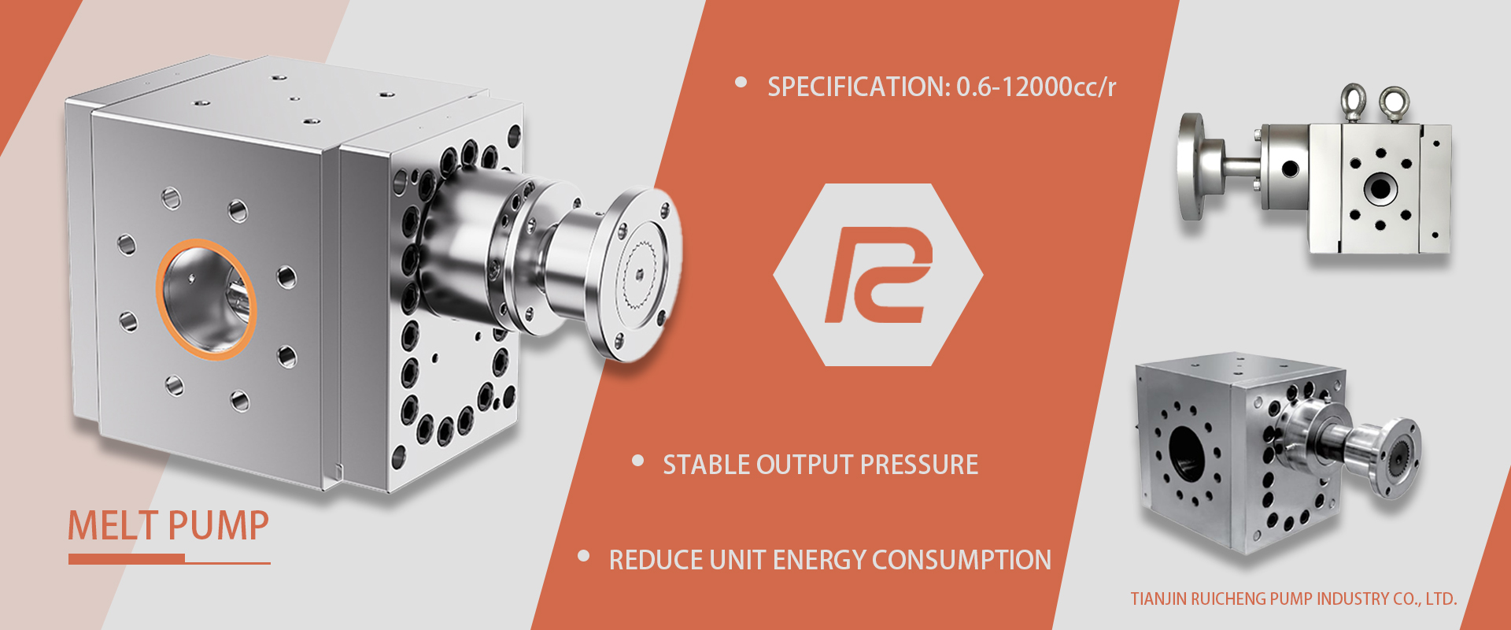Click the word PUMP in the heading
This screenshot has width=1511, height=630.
[219, 525]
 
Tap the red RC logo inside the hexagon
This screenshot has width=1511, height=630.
[878, 275]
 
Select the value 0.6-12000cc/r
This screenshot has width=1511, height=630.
[1036, 87]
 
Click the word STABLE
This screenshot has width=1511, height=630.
[706, 465]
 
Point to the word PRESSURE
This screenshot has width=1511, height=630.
[919, 465]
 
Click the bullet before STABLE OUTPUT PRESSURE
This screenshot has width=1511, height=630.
[638, 461]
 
